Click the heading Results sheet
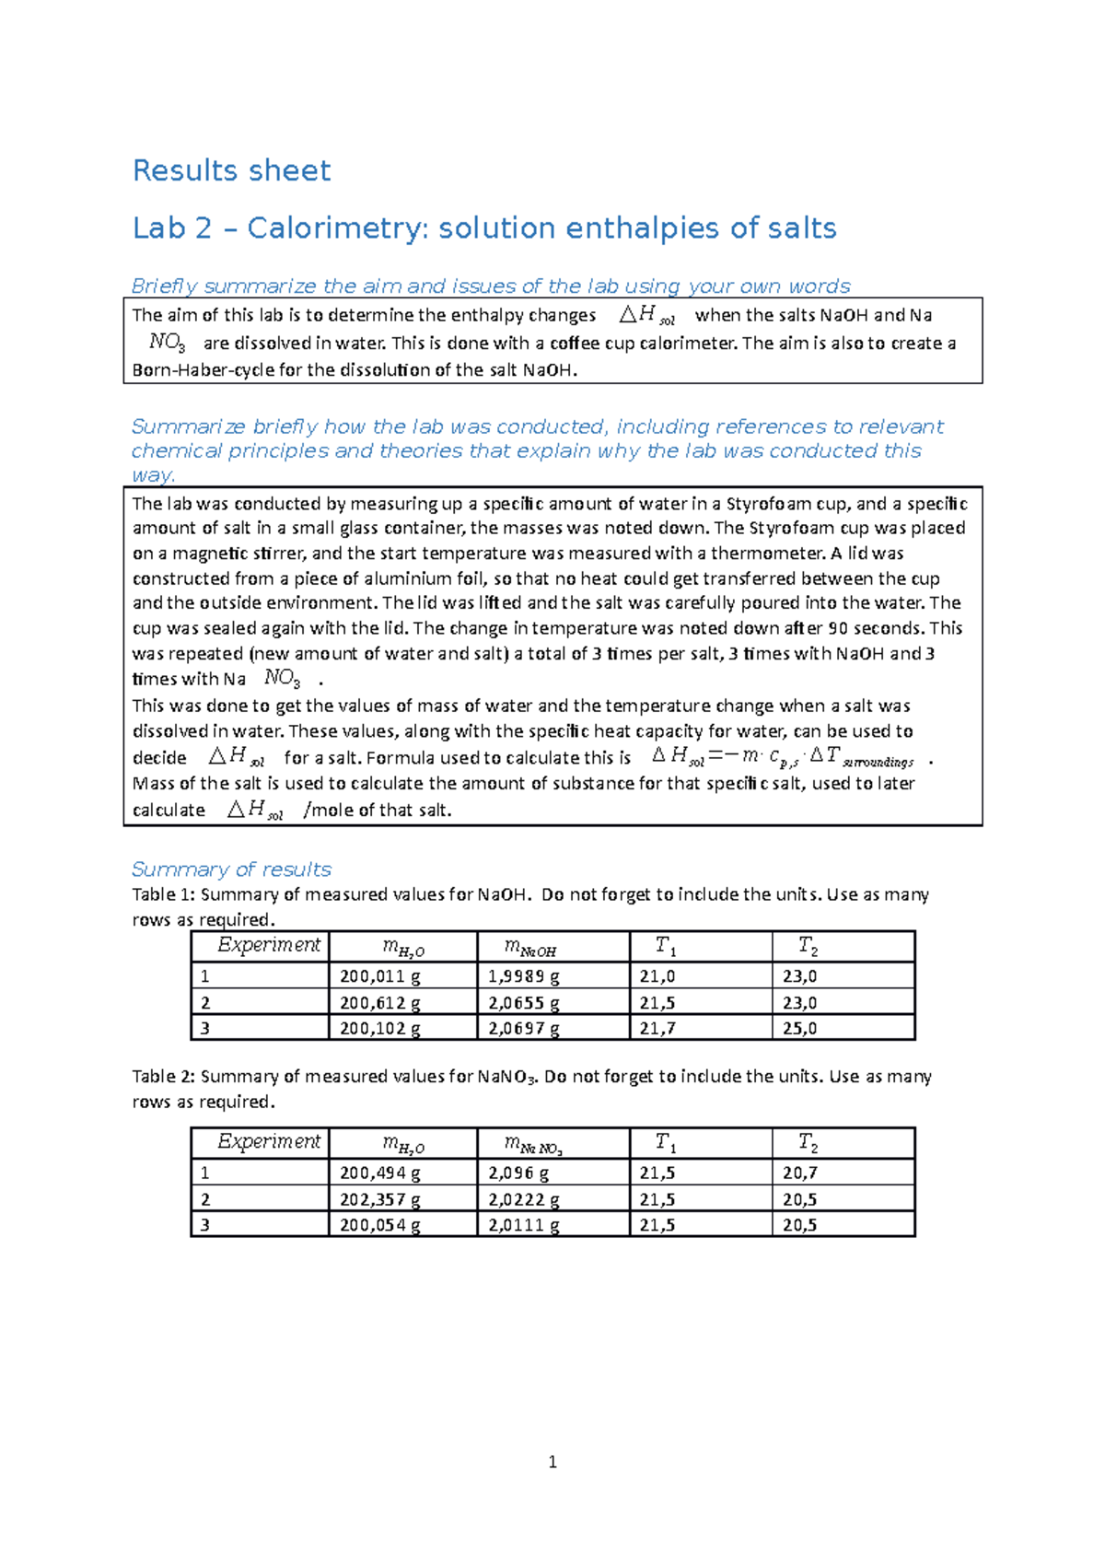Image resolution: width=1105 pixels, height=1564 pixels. coord(231,170)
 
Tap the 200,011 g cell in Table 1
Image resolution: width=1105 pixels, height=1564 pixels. coord(379,976)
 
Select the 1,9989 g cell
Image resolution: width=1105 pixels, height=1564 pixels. coord(523,976)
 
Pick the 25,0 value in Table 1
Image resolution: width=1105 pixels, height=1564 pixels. coord(799,1028)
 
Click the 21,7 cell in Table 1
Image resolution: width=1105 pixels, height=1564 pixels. coord(657,1028)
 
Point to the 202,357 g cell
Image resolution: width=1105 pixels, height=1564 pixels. coord(379,1199)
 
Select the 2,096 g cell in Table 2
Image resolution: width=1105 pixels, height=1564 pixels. coord(518,1173)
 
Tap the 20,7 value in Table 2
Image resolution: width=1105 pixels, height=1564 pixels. coord(799,1173)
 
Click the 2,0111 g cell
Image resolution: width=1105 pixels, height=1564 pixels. coord(523,1225)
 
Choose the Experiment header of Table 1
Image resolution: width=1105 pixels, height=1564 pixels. coord(268,945)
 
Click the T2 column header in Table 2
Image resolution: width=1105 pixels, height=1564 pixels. coord(808,1143)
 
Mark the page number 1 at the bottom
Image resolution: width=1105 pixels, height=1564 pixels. coord(552,1462)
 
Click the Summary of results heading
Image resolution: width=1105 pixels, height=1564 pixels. coord(231,870)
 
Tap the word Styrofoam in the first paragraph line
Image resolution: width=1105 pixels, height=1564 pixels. coord(767,504)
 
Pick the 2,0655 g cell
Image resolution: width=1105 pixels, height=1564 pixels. coord(523,1003)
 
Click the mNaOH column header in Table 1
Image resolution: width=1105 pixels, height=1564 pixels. coord(530,947)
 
